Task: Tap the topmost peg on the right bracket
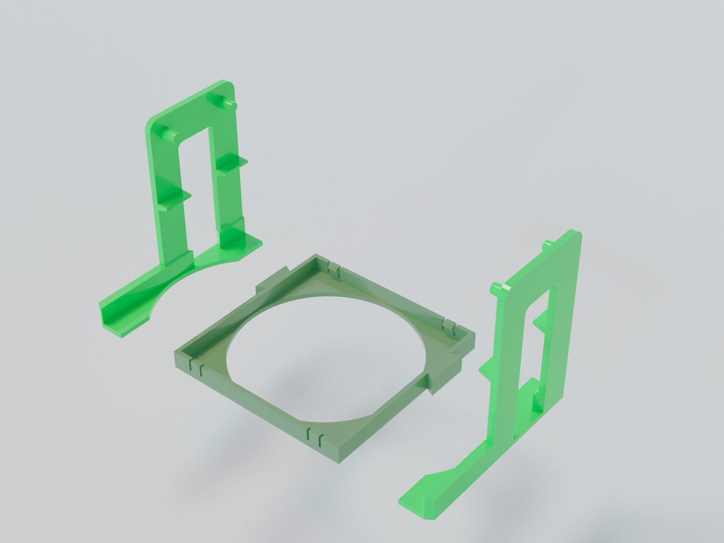coord(548,245)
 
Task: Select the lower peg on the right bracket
coord(497,288)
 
